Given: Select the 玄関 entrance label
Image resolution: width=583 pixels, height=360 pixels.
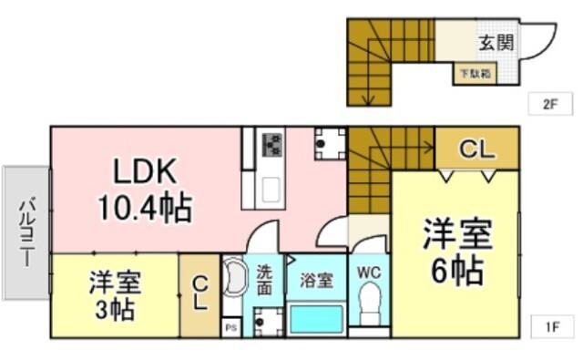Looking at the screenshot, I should [x=496, y=42].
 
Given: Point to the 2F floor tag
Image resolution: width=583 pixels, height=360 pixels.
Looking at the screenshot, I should [x=549, y=103].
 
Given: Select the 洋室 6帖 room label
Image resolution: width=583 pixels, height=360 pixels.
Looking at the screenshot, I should [x=456, y=252].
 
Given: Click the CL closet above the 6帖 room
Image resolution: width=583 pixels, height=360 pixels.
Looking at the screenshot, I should [x=476, y=148].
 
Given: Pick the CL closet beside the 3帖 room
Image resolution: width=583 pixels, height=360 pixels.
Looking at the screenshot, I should [x=199, y=294].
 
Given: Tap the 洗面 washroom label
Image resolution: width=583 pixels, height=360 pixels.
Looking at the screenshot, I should [x=263, y=279].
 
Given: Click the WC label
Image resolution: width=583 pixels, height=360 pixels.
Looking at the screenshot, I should [x=370, y=273].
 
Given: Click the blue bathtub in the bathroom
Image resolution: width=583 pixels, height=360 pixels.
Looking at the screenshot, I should [x=317, y=321].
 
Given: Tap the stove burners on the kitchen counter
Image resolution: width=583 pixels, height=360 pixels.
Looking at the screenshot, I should [x=272, y=145].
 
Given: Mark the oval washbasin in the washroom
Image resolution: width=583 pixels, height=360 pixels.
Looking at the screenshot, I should [x=234, y=279].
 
